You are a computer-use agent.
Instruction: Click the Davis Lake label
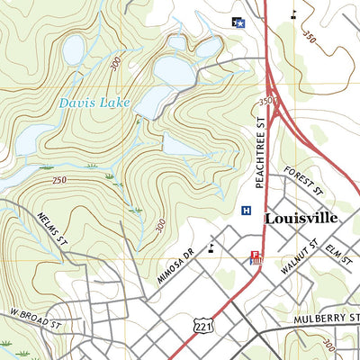coord(89,103)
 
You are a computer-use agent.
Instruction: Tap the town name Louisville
coord(301,218)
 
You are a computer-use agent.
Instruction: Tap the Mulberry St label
coord(326,319)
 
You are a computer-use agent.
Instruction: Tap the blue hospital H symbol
coord(246,211)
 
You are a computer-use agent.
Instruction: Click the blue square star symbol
coord(238,22)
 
